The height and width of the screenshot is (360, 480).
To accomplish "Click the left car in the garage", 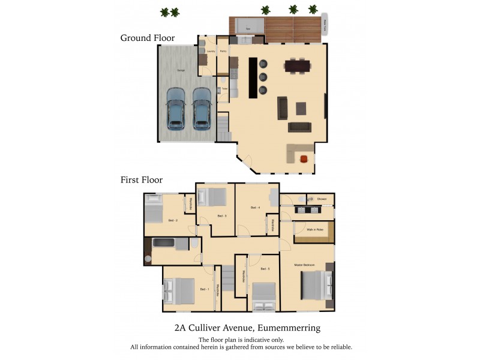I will point(175,109).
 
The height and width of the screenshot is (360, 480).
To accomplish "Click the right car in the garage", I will point(201,109).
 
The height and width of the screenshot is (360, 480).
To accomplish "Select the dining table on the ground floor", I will point(298,65).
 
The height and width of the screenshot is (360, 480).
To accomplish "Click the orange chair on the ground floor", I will point(304,158).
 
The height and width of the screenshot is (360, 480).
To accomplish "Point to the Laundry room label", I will point(210,51).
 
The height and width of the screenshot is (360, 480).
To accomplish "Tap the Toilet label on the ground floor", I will point(224,89).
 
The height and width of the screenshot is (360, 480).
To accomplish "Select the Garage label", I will point(180,71).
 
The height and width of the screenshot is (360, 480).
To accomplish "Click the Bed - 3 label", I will point(221,216).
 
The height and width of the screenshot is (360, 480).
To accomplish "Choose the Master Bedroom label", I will point(304,265).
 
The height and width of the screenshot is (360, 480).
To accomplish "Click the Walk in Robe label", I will point(315,230).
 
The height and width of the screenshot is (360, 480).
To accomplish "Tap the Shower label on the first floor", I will point(322,199).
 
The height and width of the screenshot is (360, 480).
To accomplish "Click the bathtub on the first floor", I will point(164,244).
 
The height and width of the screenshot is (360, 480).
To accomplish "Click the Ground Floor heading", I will point(148,38).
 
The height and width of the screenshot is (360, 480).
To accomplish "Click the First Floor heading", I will point(142,179).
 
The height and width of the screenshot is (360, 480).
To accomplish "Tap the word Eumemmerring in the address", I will point(289,328).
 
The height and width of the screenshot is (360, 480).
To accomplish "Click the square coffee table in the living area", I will point(301,108).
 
